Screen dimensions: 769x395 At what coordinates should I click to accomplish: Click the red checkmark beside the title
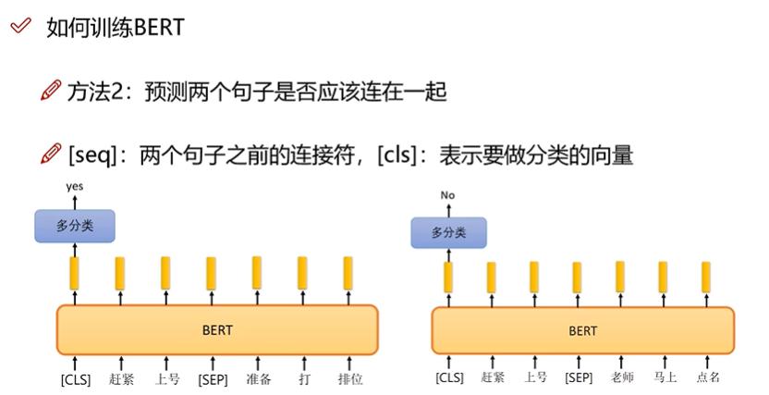[20, 26]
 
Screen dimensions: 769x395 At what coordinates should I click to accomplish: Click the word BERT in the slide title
[158, 27]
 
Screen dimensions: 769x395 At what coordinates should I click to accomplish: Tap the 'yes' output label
[75, 187]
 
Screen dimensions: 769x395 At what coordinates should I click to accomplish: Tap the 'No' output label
[447, 195]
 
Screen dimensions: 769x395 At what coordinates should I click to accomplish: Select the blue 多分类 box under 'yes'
[75, 226]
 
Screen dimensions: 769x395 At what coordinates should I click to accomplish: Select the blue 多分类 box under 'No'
[449, 232]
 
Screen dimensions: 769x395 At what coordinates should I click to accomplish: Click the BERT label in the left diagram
[217, 329]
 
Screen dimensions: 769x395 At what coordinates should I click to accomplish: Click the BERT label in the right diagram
[582, 331]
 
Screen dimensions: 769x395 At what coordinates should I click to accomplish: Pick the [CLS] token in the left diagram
[76, 379]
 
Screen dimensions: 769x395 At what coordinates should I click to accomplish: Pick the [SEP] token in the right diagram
[579, 377]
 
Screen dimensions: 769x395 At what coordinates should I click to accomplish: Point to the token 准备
[259, 378]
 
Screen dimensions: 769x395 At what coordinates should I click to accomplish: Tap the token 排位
[350, 378]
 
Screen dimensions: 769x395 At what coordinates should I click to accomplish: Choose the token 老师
[622, 376]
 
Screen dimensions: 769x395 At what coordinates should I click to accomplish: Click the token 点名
[708, 376]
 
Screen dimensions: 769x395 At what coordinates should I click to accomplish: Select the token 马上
[665, 376]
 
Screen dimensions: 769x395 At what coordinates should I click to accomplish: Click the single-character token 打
[304, 378]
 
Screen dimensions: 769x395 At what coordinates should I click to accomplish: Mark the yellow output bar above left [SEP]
[211, 273]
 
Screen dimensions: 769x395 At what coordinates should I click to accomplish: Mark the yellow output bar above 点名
[706, 278]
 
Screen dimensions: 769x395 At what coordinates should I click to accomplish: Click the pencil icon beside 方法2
[51, 90]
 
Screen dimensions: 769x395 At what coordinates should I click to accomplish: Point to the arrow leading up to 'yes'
[75, 203]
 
